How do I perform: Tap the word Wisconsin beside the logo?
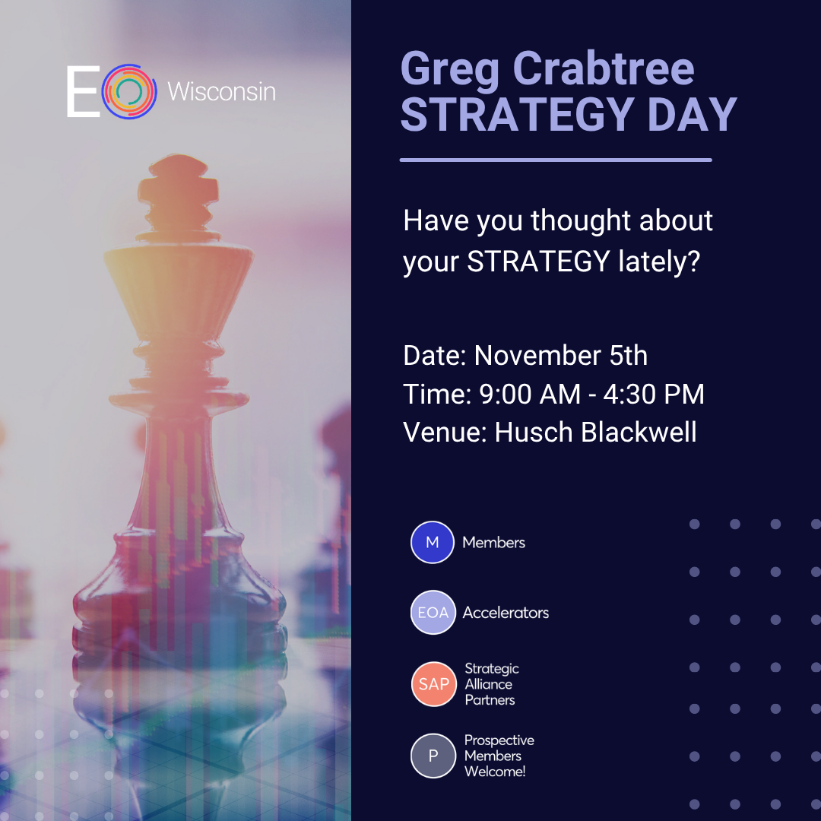(x=221, y=92)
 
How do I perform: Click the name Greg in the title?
(x=449, y=70)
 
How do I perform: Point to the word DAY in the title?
(x=693, y=115)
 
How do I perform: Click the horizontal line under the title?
(x=556, y=160)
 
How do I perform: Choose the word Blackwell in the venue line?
(x=639, y=433)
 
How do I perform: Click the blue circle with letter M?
(x=433, y=543)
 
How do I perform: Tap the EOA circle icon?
(x=433, y=613)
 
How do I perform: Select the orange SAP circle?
(x=434, y=684)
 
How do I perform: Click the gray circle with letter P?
(x=433, y=756)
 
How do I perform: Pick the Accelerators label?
(x=506, y=613)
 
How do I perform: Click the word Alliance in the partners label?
(x=489, y=684)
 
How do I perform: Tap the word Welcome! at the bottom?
(x=495, y=772)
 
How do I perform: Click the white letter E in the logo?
(x=83, y=91)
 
